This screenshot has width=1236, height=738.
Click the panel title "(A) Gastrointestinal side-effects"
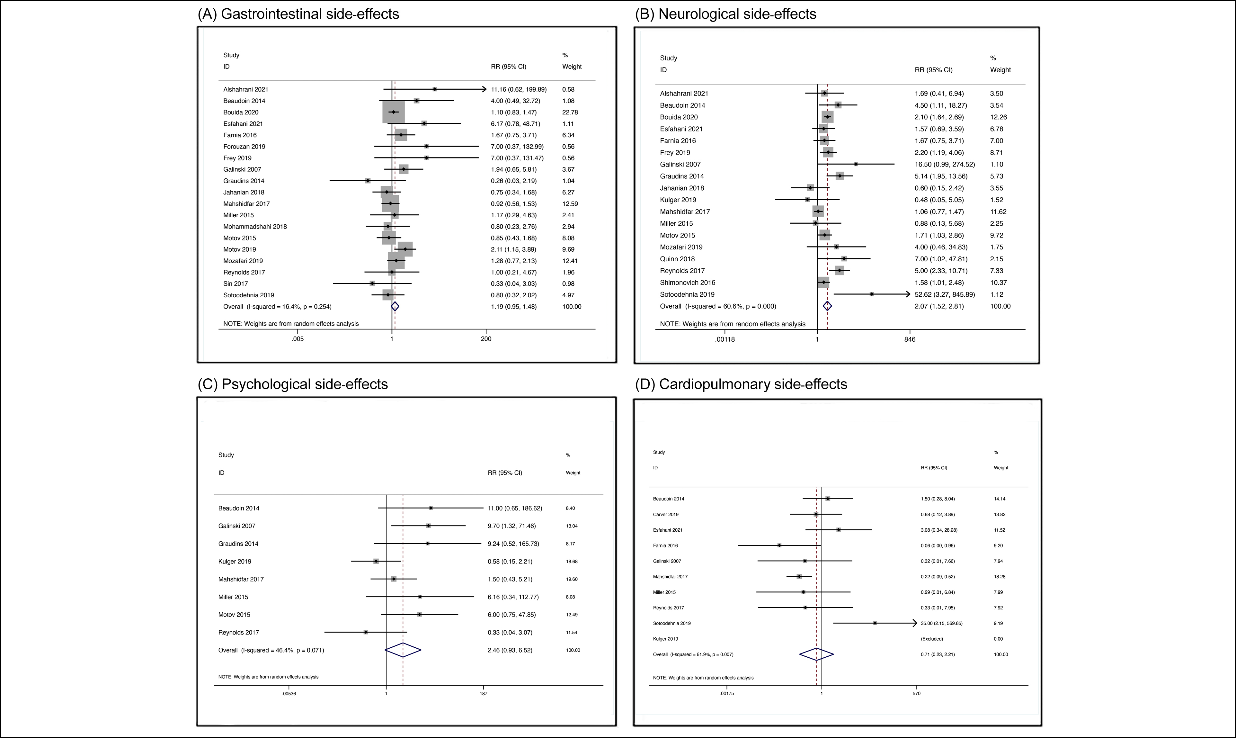pos(298,14)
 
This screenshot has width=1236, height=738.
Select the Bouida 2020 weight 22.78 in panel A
pos(570,113)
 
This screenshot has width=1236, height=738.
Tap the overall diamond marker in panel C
pos(403,650)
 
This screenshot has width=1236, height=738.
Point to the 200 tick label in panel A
pos(486,339)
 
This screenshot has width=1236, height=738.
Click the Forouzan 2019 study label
pos(244,147)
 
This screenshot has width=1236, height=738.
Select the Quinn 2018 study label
pos(677,259)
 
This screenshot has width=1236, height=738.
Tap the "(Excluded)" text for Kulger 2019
pos(931,639)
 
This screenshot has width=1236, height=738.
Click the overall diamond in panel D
pos(816,654)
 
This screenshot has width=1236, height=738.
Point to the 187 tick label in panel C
pos(483,693)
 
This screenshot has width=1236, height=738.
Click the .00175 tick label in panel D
pos(726,694)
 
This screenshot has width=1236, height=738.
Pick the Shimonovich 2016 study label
pos(687,283)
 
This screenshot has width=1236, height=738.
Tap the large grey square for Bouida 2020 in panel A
pos(394,113)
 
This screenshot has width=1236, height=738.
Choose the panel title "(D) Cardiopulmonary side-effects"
pos(741,384)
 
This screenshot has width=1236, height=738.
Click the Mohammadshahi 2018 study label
pos(255,227)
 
